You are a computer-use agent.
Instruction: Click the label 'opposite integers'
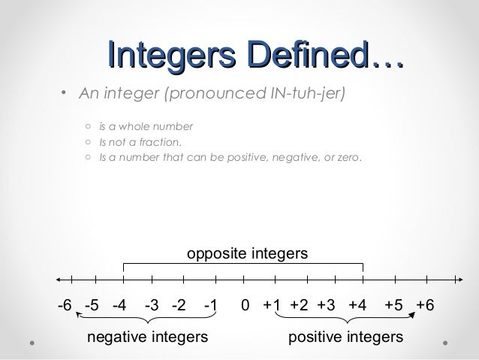247,255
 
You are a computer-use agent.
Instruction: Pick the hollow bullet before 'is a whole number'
88,126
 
